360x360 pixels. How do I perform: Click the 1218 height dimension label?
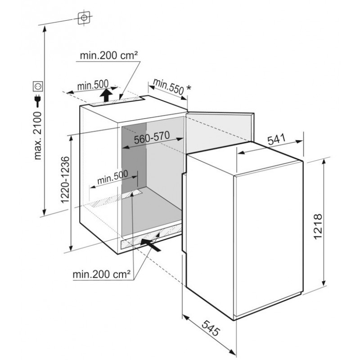click(x=318, y=227)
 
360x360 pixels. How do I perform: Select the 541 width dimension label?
click(x=277, y=139)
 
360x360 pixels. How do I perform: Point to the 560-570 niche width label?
click(x=152, y=137)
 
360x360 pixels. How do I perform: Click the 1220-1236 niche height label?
click(x=65, y=180)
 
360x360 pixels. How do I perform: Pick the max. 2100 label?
click(x=38, y=135)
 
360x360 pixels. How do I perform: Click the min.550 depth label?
click(x=168, y=86)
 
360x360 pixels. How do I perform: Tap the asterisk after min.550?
click(x=189, y=88)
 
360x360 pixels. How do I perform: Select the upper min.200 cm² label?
click(x=109, y=55)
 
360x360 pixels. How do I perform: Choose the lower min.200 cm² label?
click(x=102, y=274)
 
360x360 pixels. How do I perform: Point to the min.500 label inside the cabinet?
click(x=112, y=177)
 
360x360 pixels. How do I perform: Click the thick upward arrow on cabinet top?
click(x=106, y=95)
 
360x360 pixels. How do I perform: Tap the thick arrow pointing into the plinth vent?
click(x=151, y=245)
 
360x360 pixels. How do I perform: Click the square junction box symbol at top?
click(x=84, y=18)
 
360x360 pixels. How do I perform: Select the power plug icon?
click(x=37, y=101)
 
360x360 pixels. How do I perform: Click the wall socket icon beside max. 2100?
click(x=37, y=86)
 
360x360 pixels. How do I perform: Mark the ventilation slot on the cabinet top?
click(x=117, y=102)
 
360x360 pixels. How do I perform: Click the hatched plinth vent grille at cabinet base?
click(x=151, y=238)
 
